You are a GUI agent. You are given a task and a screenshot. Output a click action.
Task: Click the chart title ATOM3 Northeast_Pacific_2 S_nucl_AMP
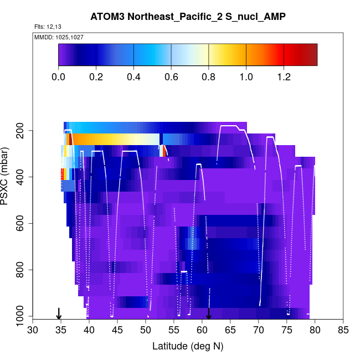point(188,17)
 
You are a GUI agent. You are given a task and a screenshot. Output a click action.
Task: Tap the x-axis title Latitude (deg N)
point(188,346)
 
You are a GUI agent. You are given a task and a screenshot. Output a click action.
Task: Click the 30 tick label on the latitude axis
point(33,331)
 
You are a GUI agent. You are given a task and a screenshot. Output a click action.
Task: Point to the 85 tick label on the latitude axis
point(343,331)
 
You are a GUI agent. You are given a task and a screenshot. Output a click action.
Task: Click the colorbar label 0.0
point(59,76)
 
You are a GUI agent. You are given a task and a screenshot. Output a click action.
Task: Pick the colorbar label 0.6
point(171,76)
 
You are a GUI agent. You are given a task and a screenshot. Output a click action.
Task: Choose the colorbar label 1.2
point(284,76)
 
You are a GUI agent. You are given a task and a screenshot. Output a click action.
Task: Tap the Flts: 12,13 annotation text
point(47,27)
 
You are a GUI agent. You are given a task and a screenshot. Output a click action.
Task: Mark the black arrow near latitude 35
point(59,313)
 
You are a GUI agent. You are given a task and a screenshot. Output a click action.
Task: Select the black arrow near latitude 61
point(208,313)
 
